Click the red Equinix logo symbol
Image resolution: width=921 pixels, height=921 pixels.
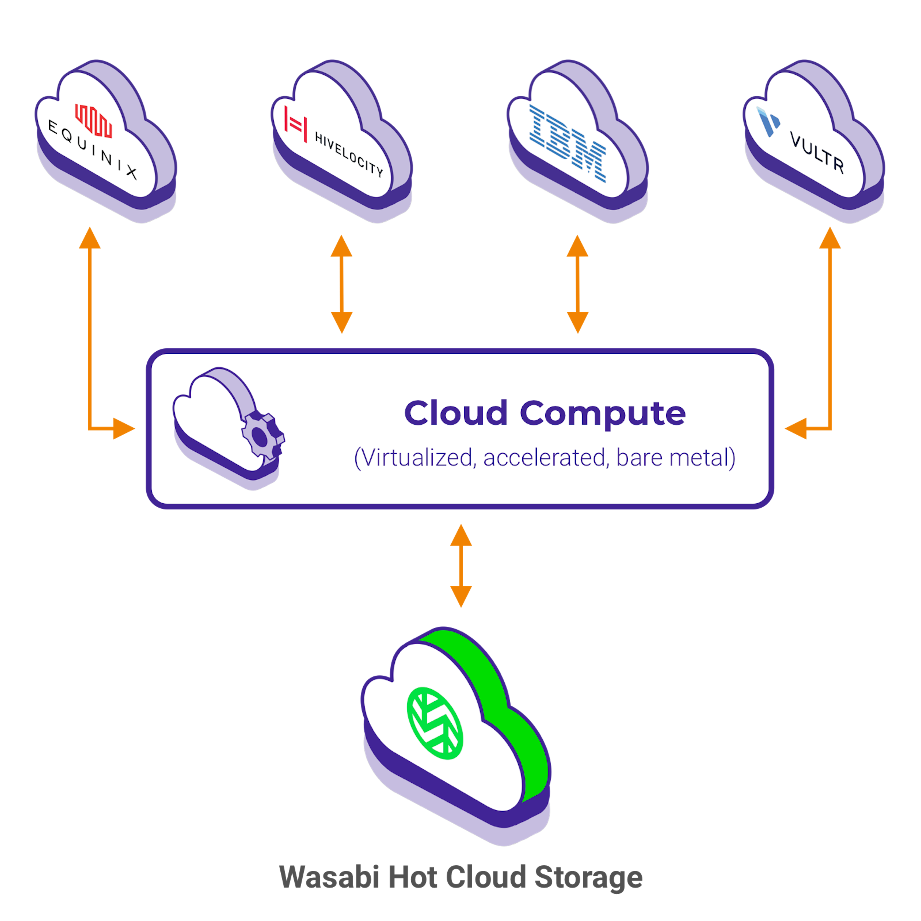tap(94, 121)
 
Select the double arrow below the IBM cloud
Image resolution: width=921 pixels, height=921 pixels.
tap(577, 284)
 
